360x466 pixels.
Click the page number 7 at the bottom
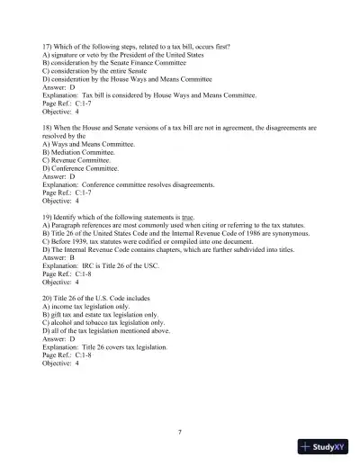point(180,432)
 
